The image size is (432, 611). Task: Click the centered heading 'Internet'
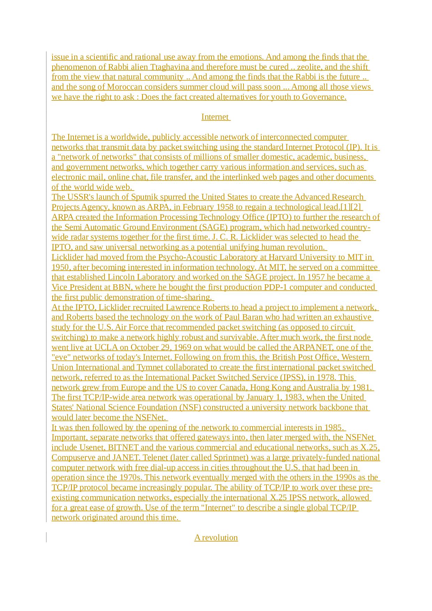point(215,117)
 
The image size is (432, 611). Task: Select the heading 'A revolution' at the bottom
point(216,537)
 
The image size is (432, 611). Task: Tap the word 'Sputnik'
point(144,197)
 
